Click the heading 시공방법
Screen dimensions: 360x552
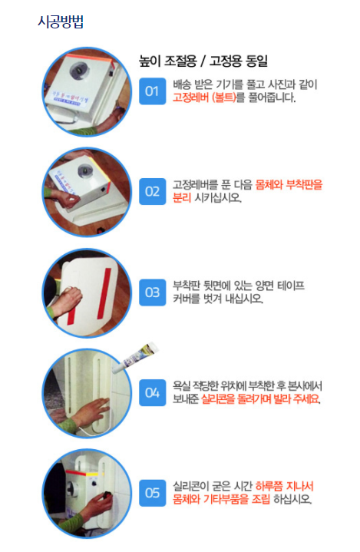(61, 21)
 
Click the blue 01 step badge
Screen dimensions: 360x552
(153, 91)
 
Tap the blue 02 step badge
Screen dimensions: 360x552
(153, 191)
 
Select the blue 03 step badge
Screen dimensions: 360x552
(153, 293)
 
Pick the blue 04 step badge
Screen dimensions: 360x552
(153, 392)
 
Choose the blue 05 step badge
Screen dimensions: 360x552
(153, 493)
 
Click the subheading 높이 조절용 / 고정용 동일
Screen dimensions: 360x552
(203, 61)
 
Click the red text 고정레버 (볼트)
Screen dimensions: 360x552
(204, 98)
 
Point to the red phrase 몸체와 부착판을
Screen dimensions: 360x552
(289, 185)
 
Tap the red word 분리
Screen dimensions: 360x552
(182, 198)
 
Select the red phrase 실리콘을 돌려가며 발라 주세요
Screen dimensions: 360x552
(260, 399)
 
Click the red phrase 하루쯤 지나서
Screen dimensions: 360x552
(284, 487)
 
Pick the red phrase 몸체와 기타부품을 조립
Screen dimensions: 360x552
(221, 499)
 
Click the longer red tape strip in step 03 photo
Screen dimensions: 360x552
(104, 293)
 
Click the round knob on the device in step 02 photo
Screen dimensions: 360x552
(84, 170)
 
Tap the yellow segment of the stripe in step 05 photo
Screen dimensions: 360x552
(92, 474)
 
